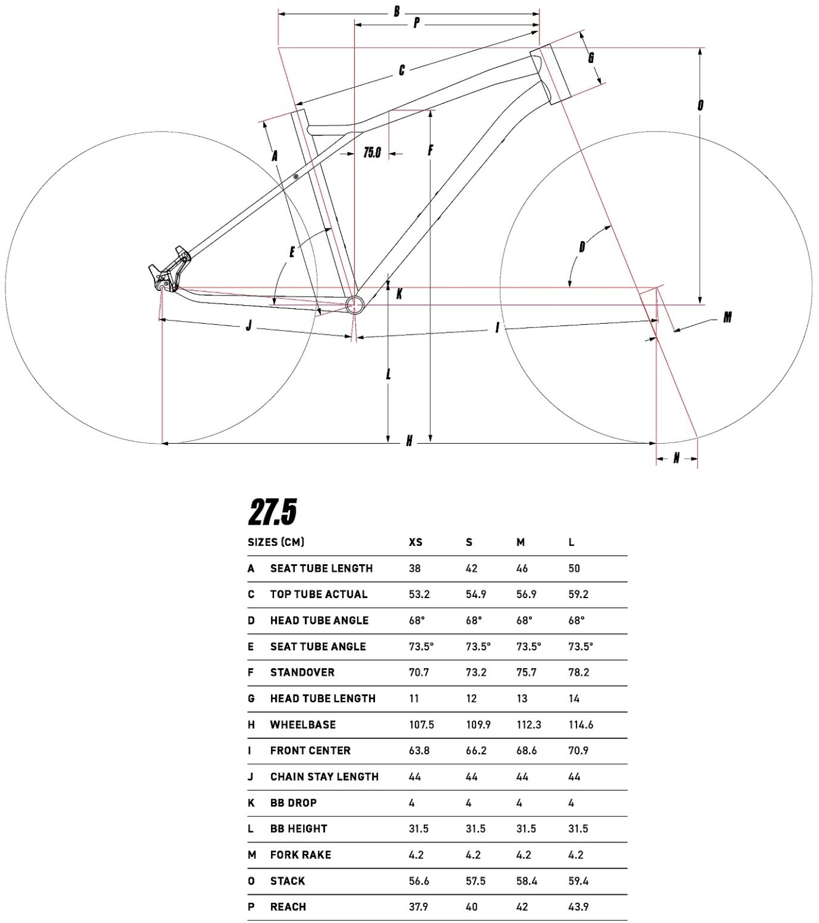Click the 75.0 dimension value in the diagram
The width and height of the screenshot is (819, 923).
[372, 152]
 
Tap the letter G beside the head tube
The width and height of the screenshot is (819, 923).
[591, 58]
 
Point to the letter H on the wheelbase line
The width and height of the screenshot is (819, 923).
[409, 441]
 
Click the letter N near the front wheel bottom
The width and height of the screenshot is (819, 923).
[676, 458]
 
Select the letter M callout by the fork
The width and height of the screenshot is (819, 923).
[727, 317]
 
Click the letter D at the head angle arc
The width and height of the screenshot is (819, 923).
[582, 247]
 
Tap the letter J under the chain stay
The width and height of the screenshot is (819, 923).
[249, 326]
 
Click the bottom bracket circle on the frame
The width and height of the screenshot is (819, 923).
[356, 305]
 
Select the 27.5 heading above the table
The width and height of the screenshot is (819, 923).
[272, 512]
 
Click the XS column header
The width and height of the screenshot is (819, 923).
[416, 542]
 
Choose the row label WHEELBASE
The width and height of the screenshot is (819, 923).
[303, 724]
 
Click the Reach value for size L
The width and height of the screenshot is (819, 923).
[578, 906]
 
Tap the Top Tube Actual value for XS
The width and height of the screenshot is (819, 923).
[419, 594]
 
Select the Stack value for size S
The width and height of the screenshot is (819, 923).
[475, 881]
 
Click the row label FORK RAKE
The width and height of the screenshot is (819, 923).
[301, 855]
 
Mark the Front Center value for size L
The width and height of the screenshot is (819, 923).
[578, 751]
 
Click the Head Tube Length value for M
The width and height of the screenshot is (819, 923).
[522, 698]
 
